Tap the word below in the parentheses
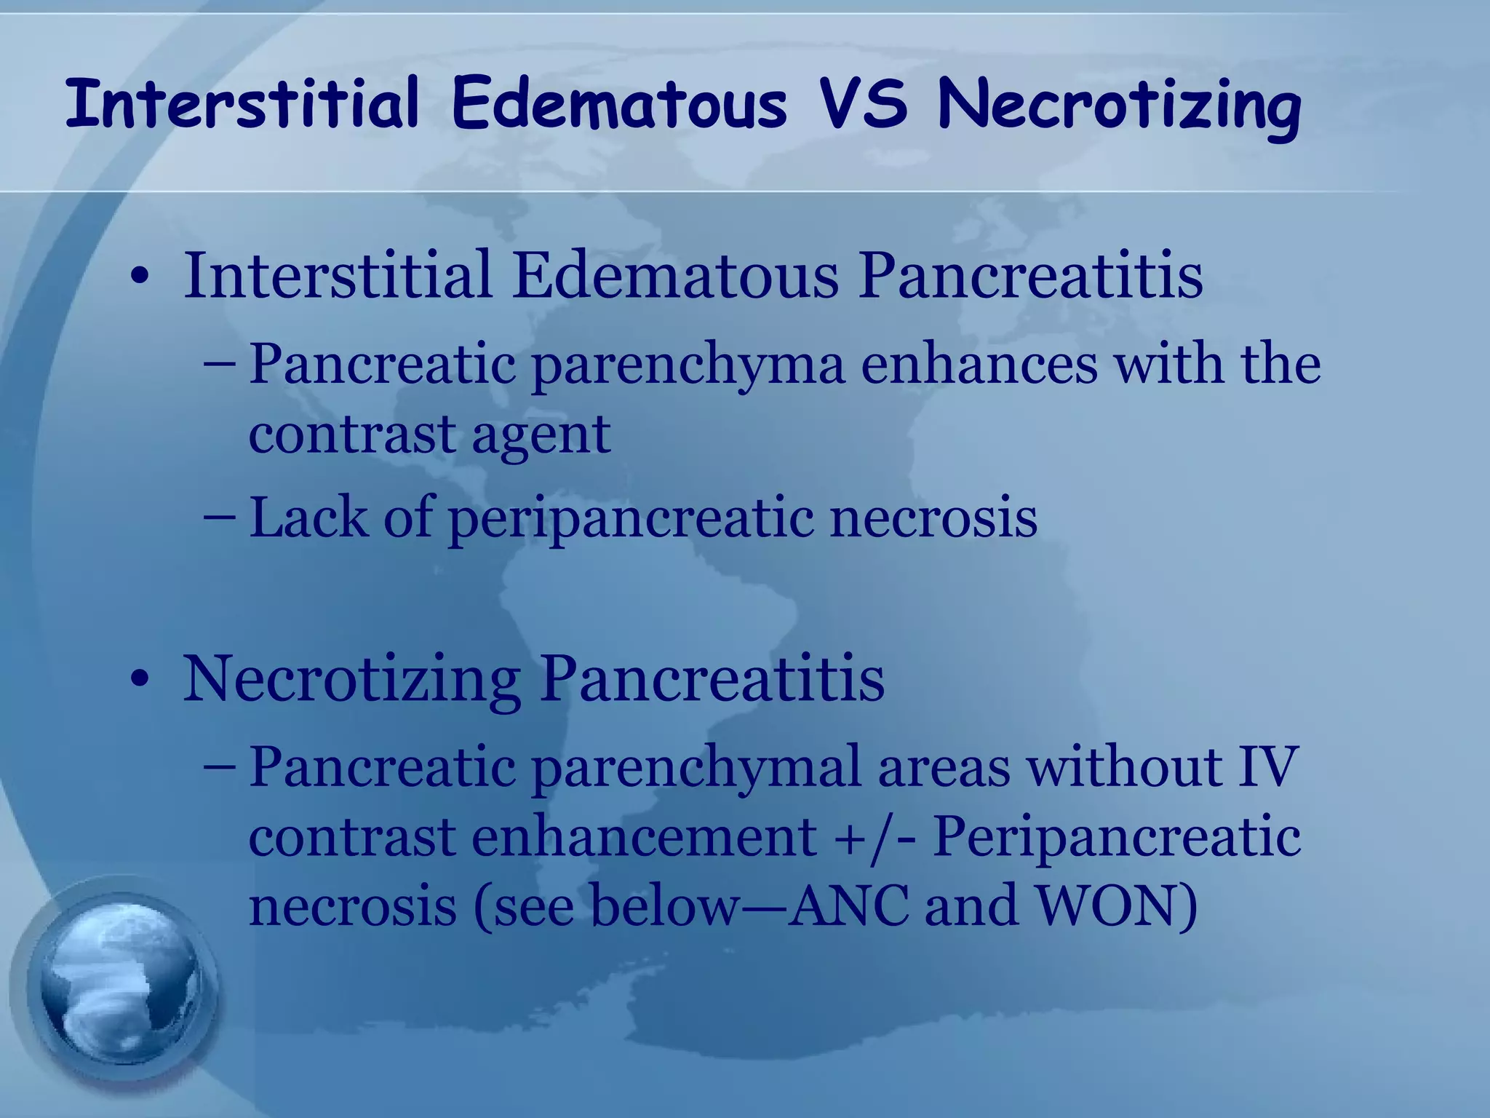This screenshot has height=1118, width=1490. pyautogui.click(x=663, y=906)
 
